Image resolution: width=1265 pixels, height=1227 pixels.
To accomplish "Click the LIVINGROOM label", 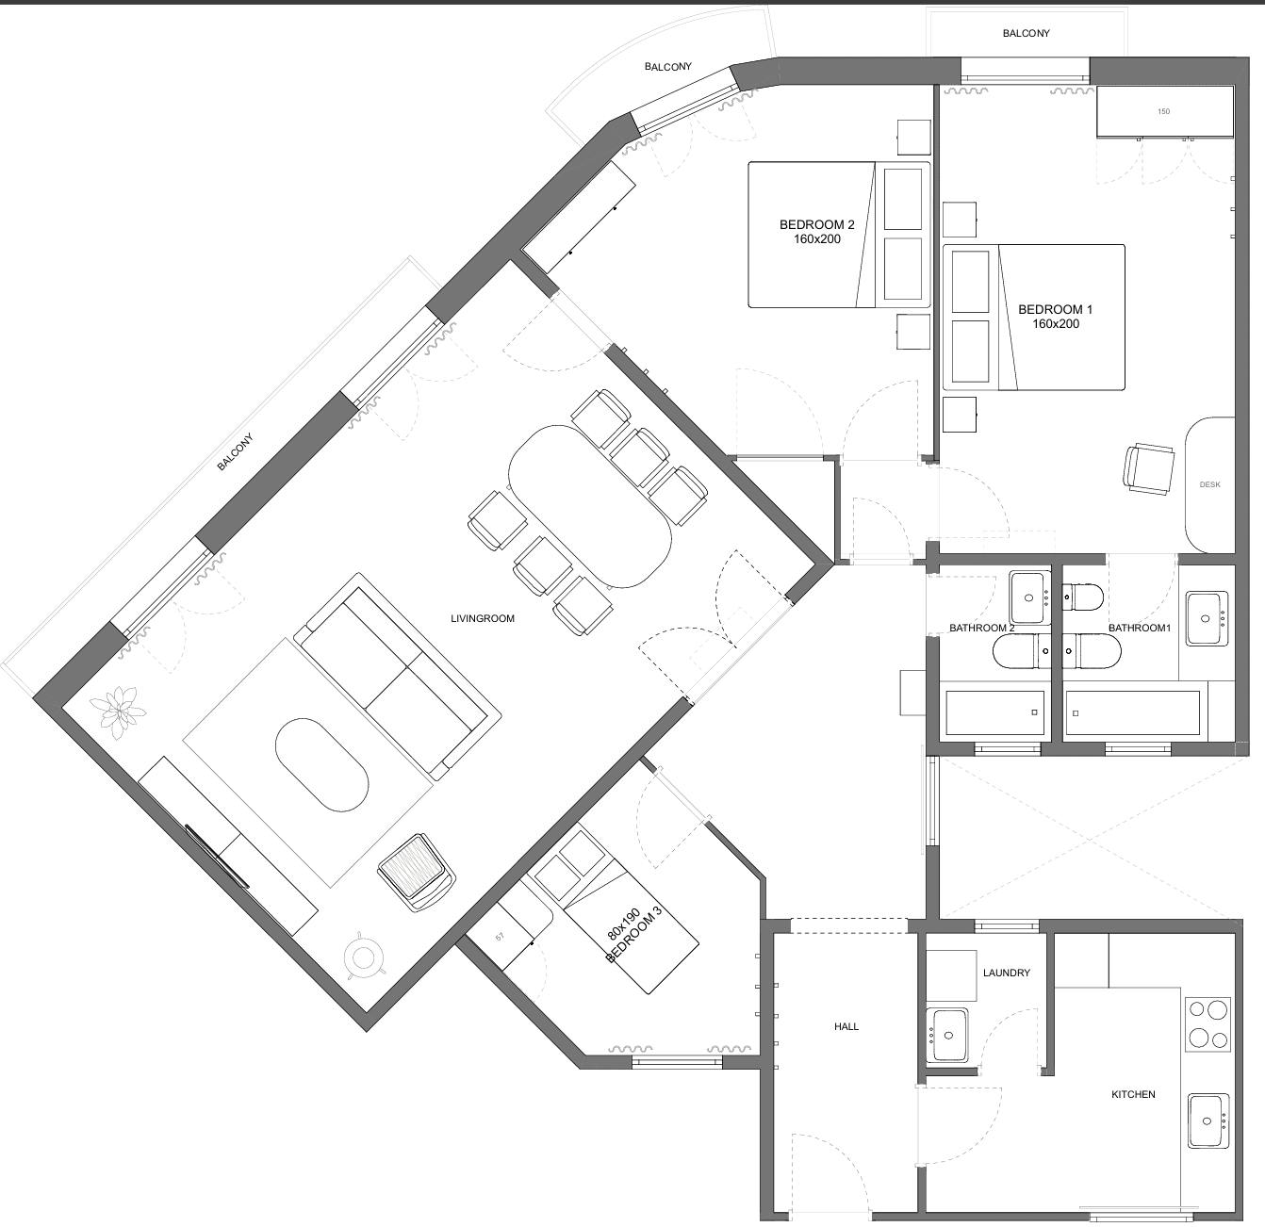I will click(483, 618).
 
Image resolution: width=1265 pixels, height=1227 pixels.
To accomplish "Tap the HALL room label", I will click(846, 1026).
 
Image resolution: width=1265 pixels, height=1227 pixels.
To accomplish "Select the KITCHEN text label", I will click(1133, 1094).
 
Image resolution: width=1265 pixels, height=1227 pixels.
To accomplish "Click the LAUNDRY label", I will click(1006, 973).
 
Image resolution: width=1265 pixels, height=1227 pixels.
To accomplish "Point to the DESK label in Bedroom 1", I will click(1209, 484).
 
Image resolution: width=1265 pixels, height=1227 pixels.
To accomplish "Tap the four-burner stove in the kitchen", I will click(1208, 1023).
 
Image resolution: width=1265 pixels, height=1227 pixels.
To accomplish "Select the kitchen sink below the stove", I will click(1207, 1120).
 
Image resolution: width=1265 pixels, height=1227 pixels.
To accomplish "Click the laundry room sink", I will click(947, 1035).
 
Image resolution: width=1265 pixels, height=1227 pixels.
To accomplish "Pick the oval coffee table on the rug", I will click(321, 764).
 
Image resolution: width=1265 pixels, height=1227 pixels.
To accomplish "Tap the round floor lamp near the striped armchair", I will click(363, 958).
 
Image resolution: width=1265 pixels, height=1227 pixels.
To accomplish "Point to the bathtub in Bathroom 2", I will click(994, 713).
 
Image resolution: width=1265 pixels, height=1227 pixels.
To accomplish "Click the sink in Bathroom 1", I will click(1206, 618).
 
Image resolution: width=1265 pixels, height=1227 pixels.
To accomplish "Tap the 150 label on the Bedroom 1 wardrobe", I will click(1163, 111).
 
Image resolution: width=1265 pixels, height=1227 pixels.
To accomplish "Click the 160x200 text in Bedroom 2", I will click(816, 239).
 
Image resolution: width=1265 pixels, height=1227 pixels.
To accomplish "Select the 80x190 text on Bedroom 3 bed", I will click(623, 924).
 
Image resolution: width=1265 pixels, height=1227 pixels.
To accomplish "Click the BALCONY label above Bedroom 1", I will click(1026, 33).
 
